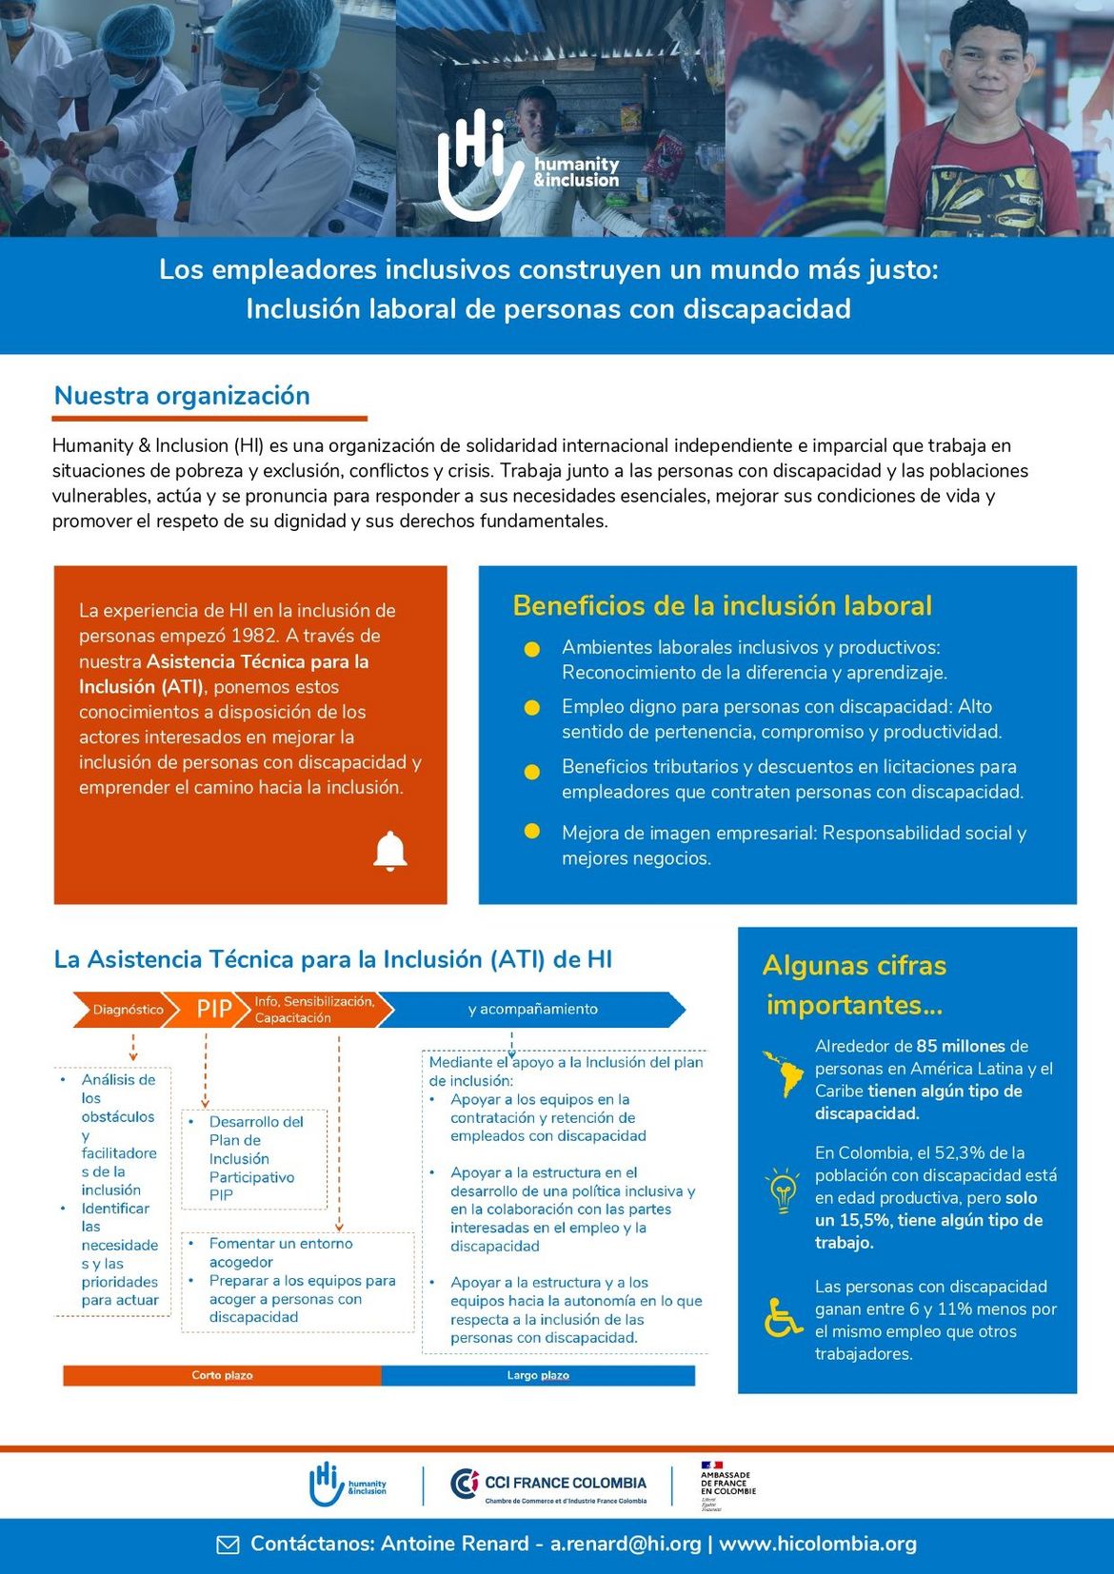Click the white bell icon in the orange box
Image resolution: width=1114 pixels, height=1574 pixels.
click(390, 851)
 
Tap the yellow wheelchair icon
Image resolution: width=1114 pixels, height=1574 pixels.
click(784, 1318)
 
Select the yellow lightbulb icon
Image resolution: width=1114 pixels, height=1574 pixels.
click(783, 1190)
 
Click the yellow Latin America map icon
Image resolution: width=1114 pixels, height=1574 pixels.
click(784, 1074)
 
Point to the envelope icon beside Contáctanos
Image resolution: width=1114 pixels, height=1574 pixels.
click(229, 1544)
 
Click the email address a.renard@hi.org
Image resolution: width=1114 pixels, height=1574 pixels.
click(626, 1544)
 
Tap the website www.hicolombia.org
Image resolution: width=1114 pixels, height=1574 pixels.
click(818, 1544)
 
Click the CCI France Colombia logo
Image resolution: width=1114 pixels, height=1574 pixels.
click(548, 1485)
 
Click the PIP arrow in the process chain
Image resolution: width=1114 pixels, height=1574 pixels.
click(213, 1009)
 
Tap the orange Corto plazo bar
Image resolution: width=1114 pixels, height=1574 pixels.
click(222, 1375)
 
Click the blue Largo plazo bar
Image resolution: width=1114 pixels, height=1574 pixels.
click(538, 1375)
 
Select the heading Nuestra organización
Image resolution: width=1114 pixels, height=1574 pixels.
click(182, 396)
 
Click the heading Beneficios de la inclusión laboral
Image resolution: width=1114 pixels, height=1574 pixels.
click(722, 605)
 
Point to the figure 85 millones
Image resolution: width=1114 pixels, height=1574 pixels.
click(960, 1046)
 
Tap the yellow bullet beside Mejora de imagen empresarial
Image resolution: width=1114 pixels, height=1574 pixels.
click(532, 832)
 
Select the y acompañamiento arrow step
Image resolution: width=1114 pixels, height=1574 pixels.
click(532, 1009)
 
